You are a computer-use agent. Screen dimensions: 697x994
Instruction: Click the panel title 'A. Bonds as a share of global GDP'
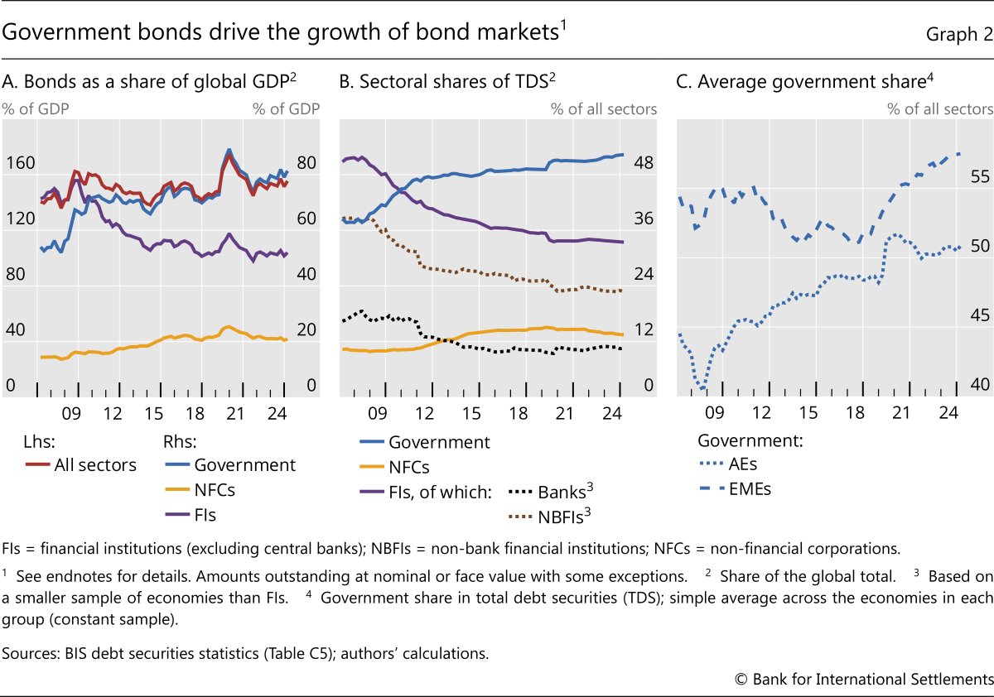coord(149,82)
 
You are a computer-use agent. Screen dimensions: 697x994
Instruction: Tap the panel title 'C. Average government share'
coord(812,82)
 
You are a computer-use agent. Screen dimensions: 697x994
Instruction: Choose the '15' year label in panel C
coord(808,413)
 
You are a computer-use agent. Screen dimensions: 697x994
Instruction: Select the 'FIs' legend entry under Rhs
coord(205,515)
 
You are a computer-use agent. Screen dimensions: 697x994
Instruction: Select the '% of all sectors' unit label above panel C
coord(939,108)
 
